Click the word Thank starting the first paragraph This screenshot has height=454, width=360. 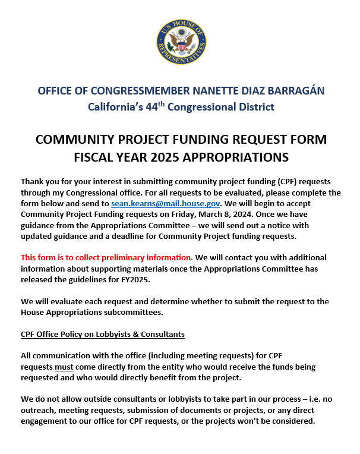click(x=33, y=181)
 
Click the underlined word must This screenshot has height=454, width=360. click(x=64, y=367)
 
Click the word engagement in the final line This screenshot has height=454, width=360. click(x=46, y=421)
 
